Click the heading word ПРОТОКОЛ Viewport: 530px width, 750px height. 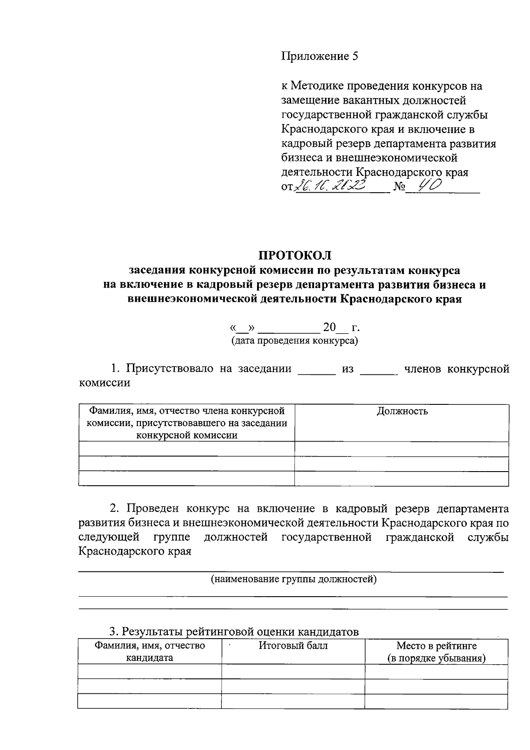(x=295, y=255)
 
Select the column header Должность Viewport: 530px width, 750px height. (x=402, y=411)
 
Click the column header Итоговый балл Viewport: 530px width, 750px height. (x=293, y=645)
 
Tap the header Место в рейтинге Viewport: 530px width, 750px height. (x=436, y=646)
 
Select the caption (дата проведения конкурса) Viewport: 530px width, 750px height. (x=295, y=341)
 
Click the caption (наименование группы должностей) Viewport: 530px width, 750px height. (x=294, y=579)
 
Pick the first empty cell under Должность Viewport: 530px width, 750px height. (x=402, y=449)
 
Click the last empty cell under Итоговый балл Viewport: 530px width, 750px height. (x=293, y=701)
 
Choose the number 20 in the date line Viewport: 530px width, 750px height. (x=329, y=327)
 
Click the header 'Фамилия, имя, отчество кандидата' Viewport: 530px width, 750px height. (x=149, y=651)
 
